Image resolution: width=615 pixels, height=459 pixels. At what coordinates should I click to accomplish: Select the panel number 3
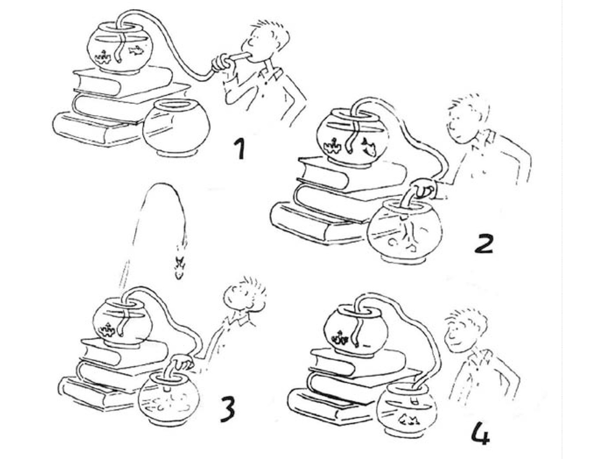coord(228,411)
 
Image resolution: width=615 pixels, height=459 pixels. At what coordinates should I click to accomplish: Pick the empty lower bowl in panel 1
coord(176,128)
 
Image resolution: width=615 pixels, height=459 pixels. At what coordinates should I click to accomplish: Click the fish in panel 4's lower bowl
coord(410,420)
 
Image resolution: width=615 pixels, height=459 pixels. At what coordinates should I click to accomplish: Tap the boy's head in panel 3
coord(244,296)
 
